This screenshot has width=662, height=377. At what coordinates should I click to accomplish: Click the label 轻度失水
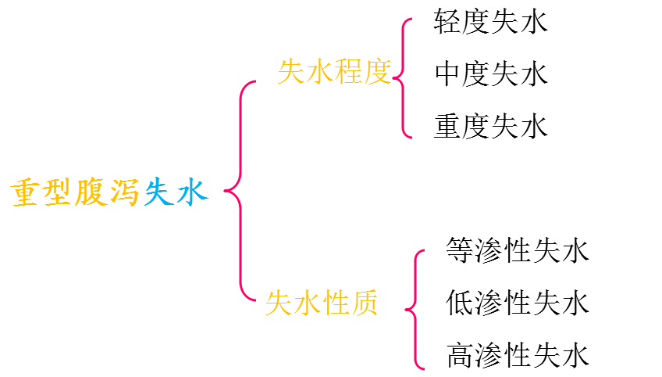pos(491,22)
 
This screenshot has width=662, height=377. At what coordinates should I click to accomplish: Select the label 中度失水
pos(491,74)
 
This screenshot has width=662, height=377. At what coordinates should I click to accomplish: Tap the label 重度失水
pos(491,125)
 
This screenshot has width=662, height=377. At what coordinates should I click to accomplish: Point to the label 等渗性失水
pos(517,250)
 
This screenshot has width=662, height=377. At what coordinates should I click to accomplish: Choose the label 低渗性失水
pos(517,302)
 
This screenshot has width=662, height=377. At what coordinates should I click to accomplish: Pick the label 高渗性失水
pos(517,354)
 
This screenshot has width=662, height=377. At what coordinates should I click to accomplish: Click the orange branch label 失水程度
pos(334,73)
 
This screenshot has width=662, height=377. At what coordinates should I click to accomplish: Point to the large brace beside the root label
pos(237,190)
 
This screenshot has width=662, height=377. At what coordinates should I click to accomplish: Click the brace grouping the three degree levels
pos(402,77)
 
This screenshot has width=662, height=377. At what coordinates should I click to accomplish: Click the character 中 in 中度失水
pos(448,74)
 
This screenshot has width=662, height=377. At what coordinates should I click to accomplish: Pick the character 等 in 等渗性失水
pos(460,250)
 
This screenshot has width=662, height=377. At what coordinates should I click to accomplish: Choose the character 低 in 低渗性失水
pos(460,302)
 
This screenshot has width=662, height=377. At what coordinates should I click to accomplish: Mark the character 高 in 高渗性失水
pos(460,354)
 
